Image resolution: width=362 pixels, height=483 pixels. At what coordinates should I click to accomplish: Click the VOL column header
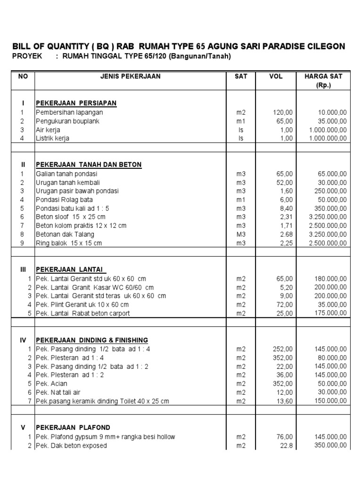coord(276,76)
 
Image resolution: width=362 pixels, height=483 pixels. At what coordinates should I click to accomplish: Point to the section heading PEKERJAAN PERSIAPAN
coord(76,103)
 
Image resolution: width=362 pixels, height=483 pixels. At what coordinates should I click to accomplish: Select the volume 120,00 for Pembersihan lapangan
coord(283,112)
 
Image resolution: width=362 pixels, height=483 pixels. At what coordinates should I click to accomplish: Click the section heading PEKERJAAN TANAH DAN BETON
coord(89,165)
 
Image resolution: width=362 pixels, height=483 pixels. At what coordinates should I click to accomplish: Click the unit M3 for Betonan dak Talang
coord(241,234)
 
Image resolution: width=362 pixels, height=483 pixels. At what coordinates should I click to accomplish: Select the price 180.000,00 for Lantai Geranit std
coord(330,279)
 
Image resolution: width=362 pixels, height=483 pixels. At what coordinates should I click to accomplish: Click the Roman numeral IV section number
coord(23,340)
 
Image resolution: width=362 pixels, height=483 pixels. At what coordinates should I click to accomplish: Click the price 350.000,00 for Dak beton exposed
coord(330,445)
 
